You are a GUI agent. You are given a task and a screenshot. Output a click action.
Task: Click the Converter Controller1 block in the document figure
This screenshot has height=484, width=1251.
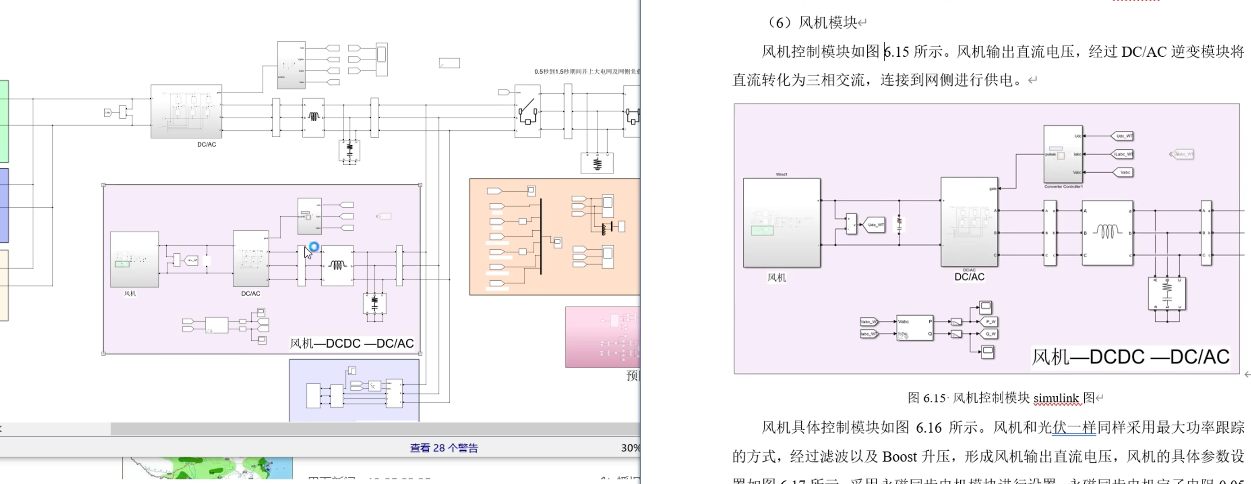tap(1063, 154)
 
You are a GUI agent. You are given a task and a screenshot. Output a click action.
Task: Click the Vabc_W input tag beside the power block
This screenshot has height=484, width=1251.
tap(868, 322)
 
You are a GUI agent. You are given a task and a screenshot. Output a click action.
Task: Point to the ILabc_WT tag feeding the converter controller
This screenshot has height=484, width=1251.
tap(1122, 154)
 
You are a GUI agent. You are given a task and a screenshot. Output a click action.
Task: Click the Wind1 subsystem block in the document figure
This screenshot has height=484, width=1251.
tap(781, 223)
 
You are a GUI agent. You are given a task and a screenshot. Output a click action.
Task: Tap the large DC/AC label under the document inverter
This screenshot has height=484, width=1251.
tap(969, 277)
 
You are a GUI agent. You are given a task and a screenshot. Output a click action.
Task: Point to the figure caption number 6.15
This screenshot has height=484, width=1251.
tap(934, 398)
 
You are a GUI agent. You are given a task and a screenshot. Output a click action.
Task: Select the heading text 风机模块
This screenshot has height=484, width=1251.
tap(828, 22)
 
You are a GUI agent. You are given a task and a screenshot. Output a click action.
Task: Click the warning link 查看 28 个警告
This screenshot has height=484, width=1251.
tap(444, 448)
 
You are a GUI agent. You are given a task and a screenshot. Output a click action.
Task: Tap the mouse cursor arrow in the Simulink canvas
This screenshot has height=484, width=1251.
tap(307, 252)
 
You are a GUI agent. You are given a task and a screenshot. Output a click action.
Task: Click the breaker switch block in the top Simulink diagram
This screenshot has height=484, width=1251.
tap(528, 111)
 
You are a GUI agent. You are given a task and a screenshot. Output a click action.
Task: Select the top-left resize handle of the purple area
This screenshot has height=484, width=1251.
tap(103, 185)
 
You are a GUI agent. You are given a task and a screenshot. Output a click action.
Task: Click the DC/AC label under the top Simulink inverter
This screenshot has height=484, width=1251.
tap(206, 144)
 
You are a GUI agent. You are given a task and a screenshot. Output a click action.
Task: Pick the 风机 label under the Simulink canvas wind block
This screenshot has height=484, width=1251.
tap(130, 294)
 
